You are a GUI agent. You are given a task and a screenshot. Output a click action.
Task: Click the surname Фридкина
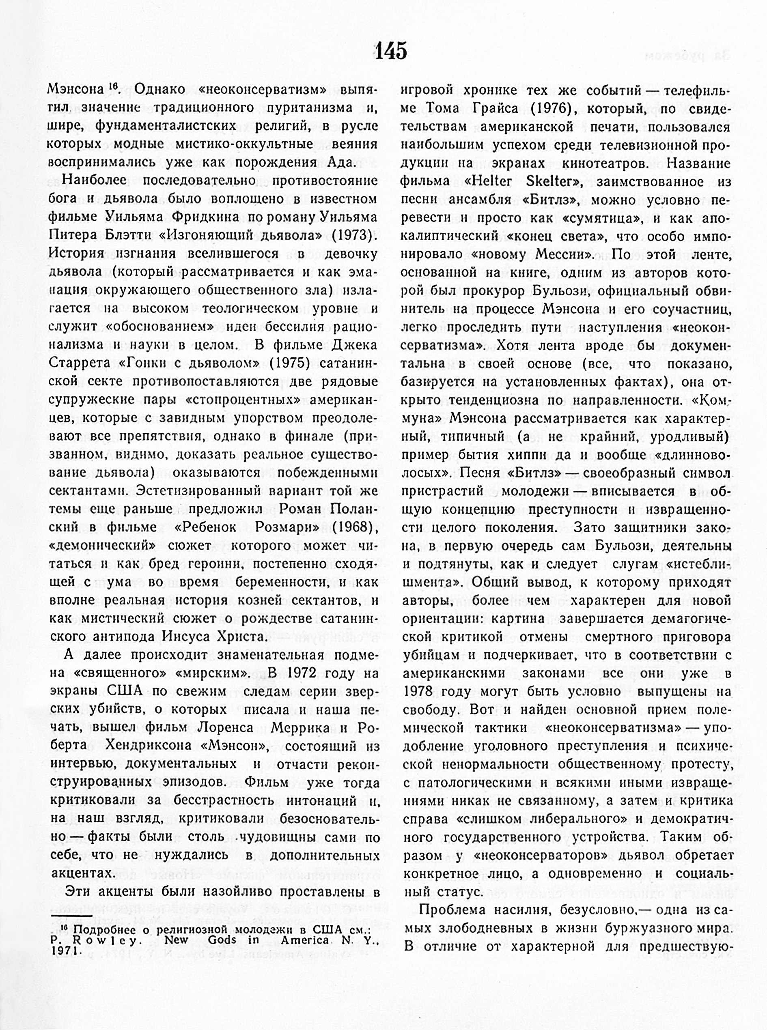[203, 217]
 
